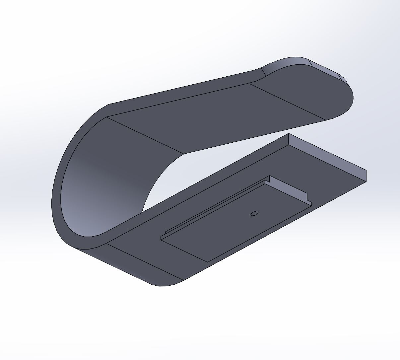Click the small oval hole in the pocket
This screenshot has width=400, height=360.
tap(254, 213)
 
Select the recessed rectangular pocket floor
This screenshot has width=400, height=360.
tap(232, 226)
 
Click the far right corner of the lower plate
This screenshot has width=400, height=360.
tap(366, 181)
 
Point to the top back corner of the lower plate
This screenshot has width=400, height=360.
tap(289, 134)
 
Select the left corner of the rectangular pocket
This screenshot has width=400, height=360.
tap(161, 238)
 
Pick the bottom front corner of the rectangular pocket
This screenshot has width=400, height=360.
tap(208, 262)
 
